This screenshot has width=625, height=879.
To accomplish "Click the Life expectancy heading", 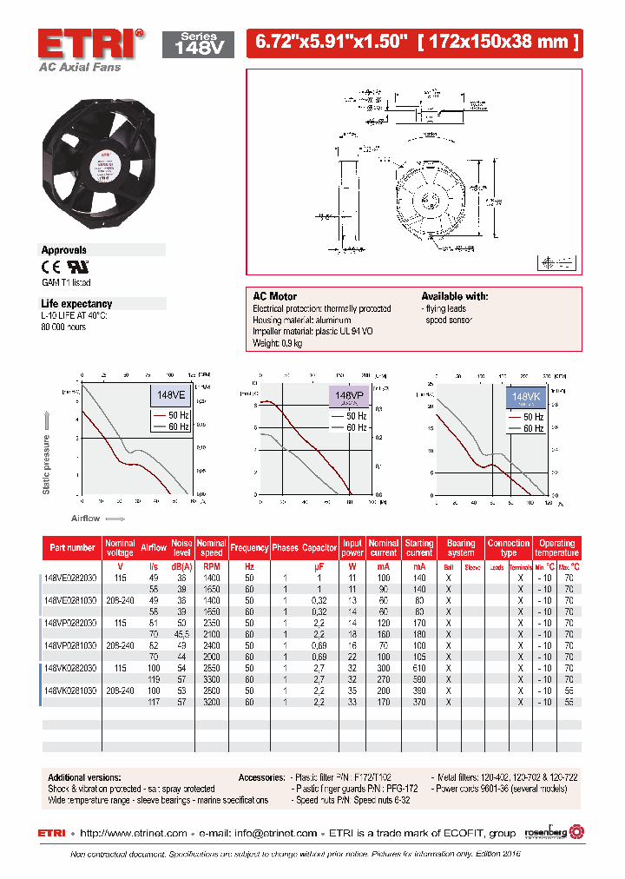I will [76, 303].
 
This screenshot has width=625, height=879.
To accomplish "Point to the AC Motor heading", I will [274, 296].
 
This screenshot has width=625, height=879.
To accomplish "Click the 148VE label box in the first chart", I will [170, 395].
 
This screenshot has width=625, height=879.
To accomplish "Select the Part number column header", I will [73, 548].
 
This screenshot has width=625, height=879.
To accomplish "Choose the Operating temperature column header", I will [556, 548].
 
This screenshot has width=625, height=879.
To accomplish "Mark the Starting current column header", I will [419, 548].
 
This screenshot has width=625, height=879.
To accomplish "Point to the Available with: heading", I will [455, 296].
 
